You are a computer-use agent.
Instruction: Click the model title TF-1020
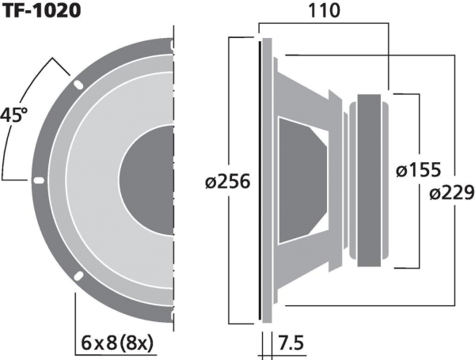41,11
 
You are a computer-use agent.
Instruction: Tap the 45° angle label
13,115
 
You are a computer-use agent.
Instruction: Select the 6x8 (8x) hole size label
117,343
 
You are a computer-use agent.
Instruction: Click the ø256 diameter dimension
228,182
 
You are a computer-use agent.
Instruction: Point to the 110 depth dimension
324,10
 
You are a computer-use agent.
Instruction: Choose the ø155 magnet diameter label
418,169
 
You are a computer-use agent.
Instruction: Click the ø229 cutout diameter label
452,193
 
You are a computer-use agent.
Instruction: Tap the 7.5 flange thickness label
291,343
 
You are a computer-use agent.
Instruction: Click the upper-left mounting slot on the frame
78,85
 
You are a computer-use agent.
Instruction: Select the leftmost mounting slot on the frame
39,180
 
